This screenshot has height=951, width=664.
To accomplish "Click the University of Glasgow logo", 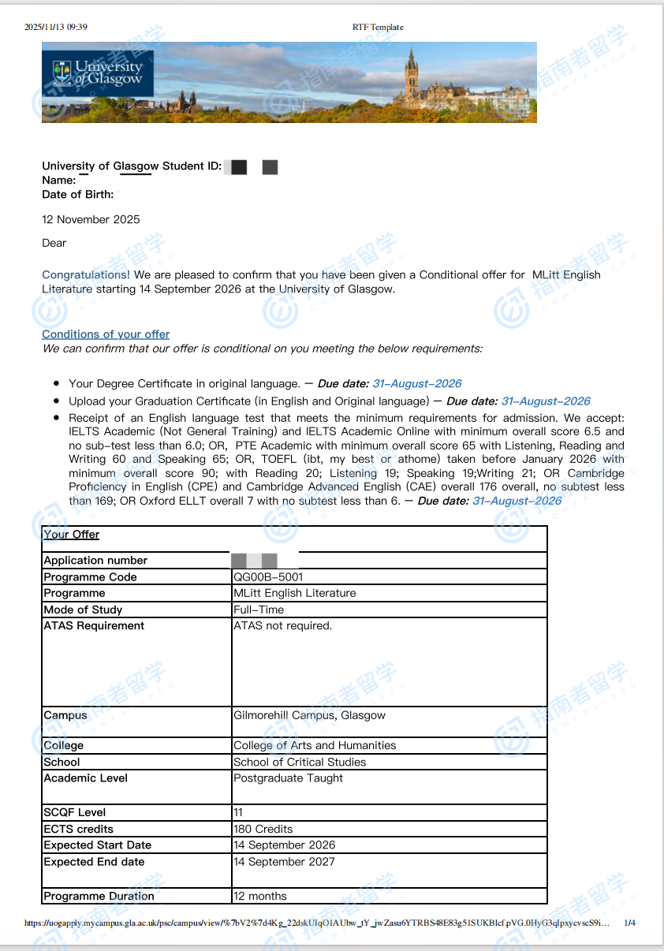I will [98, 73].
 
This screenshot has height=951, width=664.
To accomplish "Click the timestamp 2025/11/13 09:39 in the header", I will [56, 27].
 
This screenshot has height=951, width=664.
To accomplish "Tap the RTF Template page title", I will [378, 27].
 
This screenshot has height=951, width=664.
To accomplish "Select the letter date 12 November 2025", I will [91, 219].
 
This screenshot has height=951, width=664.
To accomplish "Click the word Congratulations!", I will [86, 275].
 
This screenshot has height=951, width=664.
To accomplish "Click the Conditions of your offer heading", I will [106, 334].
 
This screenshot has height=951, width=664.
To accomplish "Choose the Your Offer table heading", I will [72, 535].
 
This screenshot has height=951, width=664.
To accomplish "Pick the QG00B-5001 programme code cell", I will [268, 577].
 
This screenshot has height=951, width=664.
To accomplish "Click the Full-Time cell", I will [259, 610].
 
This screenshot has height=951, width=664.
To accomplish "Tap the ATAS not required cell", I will [283, 626].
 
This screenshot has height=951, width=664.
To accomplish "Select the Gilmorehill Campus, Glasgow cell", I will [309, 716].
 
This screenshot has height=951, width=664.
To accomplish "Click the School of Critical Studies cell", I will [300, 762].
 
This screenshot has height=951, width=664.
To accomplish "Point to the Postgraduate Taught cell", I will [289, 778].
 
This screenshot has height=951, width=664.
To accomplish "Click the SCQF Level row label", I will [75, 812].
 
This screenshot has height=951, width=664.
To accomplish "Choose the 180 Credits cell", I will [263, 829].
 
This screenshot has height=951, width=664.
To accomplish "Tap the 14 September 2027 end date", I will [284, 862].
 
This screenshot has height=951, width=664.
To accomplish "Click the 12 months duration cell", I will [260, 896].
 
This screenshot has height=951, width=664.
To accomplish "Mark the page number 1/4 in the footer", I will [629, 923].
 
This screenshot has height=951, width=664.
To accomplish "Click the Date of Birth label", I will [78, 194].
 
